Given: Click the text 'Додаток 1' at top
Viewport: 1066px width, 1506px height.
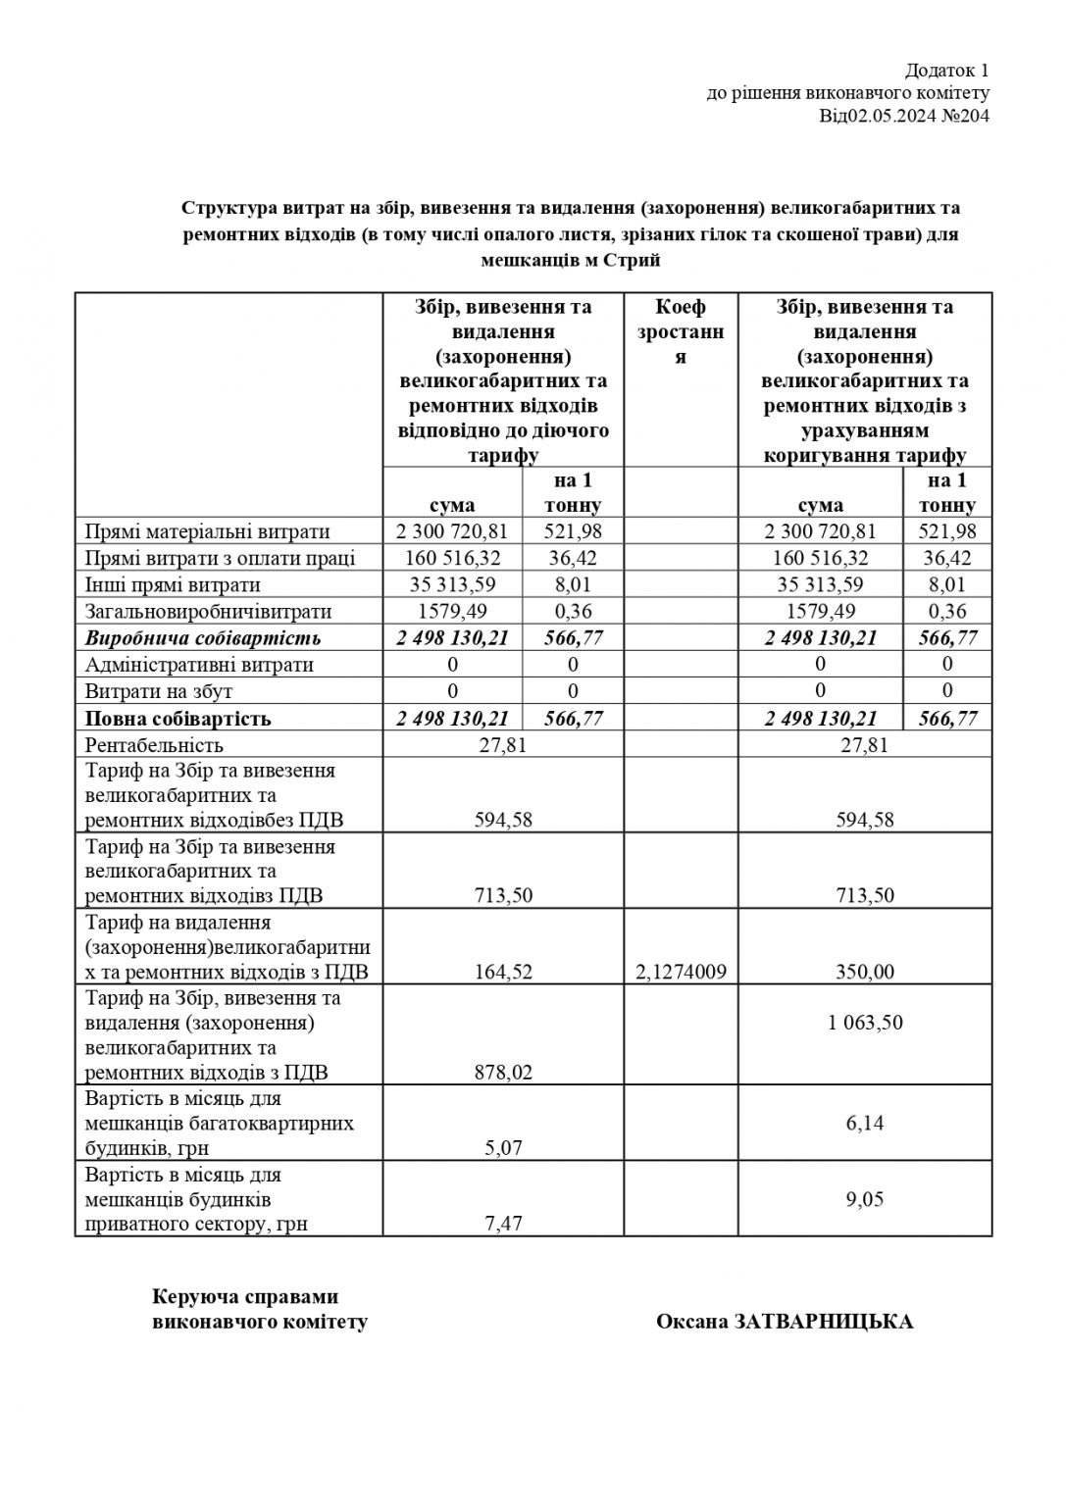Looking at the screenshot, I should click(947, 70).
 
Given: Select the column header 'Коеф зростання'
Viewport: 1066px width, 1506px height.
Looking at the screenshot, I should click(681, 331).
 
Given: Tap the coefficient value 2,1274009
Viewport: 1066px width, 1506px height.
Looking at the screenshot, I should click(681, 972).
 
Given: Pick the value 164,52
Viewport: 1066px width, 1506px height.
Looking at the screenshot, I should click(504, 972).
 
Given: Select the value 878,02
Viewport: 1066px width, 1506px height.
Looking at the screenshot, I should click(504, 1073).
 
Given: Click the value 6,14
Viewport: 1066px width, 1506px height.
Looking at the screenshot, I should click(865, 1123).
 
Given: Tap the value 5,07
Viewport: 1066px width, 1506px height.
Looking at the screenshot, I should click(504, 1147).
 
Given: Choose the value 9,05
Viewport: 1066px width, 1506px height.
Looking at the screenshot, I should click(865, 1198).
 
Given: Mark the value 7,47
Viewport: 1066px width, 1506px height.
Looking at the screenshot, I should click(504, 1224).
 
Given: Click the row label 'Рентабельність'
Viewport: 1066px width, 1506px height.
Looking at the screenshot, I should click(154, 745).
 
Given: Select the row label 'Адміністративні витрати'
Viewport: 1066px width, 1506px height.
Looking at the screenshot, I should click(199, 665).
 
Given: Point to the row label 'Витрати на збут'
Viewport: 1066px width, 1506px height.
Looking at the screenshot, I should click(159, 691).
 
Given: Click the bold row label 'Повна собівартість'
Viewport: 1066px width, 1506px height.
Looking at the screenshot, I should click(178, 718).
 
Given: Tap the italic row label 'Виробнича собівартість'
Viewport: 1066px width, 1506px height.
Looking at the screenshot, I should click(203, 638).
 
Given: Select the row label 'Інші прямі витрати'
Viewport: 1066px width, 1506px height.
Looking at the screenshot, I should click(173, 585).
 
